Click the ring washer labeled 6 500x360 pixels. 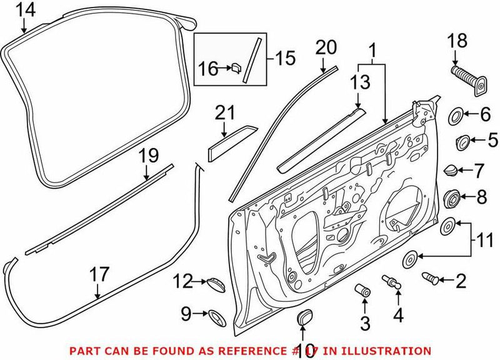point(456,115)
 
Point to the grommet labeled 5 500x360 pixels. point(462,141)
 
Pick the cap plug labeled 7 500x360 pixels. point(451,169)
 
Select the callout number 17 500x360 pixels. point(99,274)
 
